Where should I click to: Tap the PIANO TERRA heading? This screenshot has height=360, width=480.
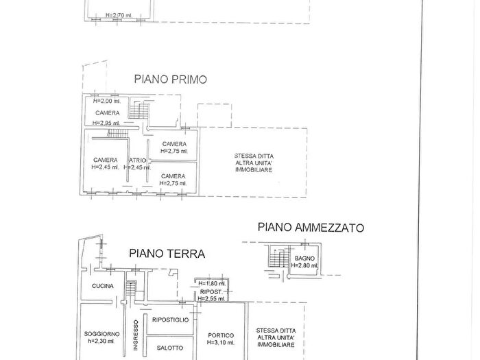click(167, 254)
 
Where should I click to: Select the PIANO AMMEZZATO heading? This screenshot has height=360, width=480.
click(311, 227)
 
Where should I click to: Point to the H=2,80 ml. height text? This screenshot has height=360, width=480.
click(304, 265)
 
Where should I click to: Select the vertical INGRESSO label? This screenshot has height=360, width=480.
click(136, 335)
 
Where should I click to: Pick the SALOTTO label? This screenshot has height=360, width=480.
click(170, 348)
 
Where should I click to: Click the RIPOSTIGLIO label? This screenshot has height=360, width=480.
click(171, 320)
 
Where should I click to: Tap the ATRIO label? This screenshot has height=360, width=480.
click(137, 160)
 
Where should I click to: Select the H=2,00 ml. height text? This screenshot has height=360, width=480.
click(107, 101)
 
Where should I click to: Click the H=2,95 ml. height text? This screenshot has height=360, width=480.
click(107, 123)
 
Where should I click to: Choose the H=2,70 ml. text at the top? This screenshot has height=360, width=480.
click(120, 14)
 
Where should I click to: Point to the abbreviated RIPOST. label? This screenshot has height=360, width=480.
click(210, 291)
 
